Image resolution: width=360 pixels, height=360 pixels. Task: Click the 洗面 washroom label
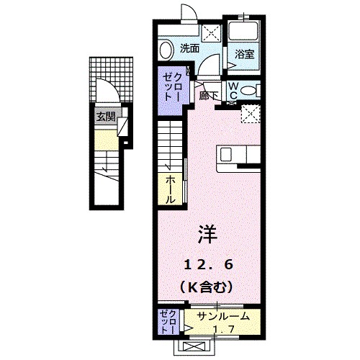(x=189, y=49)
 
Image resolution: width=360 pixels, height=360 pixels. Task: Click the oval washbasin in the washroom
(x=166, y=49)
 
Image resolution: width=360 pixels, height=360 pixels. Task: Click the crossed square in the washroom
(x=211, y=32)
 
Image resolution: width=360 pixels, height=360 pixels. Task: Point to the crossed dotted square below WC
(x=251, y=114)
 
